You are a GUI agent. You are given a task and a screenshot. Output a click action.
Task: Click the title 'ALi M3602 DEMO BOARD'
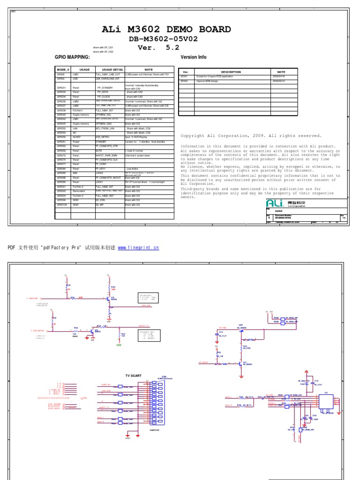coord(166,30)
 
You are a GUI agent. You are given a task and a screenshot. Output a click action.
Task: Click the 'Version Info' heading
coord(193,57)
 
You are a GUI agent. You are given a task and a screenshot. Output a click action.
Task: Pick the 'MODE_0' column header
coord(63,69)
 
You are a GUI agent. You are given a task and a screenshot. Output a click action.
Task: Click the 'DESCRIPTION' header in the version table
coord(230,72)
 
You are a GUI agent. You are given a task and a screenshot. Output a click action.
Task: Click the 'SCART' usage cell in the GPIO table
coord(77,137)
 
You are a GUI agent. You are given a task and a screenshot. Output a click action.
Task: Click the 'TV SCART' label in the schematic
coord(133,375)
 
